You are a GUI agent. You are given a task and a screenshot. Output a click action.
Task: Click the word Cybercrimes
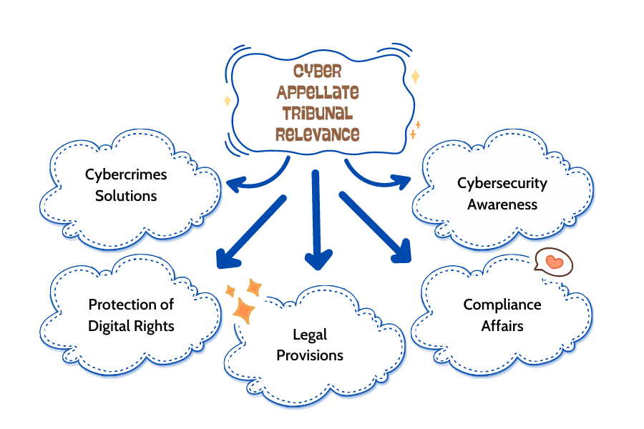coord(127,174)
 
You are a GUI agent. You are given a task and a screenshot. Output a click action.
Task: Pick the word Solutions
coord(126,195)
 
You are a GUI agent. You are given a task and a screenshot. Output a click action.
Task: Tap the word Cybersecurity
coord(502,183)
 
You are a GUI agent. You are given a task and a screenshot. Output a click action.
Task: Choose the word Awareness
coord(502,204)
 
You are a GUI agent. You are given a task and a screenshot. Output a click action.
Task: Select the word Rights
coord(153,326)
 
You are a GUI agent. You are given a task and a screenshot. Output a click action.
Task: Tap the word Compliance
coord(502,305)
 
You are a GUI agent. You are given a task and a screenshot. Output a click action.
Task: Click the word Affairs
coord(502,326)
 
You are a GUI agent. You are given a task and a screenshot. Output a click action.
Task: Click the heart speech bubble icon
coord(555,262)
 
